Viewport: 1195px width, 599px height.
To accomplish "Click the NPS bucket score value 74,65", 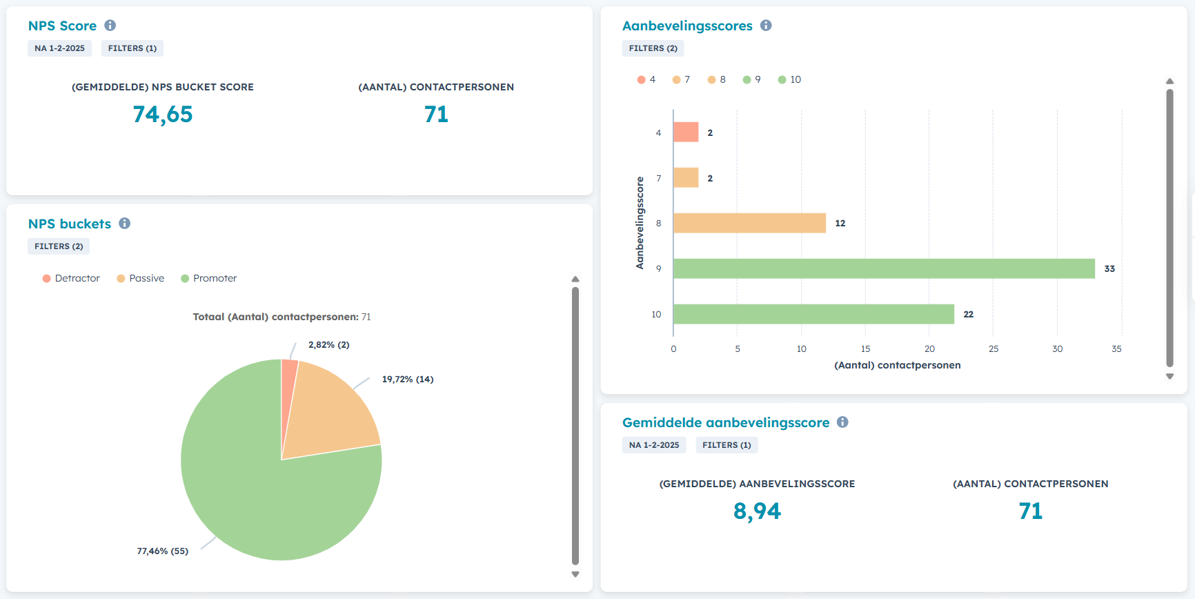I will click(x=163, y=115).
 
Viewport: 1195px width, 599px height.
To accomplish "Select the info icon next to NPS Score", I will click(x=110, y=26).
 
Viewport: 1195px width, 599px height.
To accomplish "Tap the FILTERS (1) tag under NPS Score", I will click(x=132, y=48).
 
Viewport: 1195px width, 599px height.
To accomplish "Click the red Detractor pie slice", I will click(x=288, y=386).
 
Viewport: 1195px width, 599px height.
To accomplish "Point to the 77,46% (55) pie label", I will click(x=162, y=551).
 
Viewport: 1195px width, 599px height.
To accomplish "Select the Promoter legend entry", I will click(x=208, y=278).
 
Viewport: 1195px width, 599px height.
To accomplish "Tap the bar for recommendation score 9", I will click(x=883, y=268).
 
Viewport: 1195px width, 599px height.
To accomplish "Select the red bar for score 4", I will click(x=686, y=132).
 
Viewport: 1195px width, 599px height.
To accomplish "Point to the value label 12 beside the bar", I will click(x=840, y=224).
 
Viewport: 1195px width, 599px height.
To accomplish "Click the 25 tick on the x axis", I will click(x=994, y=349).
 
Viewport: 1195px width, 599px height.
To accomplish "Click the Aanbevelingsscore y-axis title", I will click(x=640, y=223).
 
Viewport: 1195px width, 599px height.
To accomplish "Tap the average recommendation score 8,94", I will click(x=757, y=511).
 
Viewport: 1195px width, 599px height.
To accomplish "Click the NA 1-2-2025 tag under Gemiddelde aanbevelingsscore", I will click(x=654, y=445).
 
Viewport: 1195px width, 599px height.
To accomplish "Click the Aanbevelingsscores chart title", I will click(x=687, y=26).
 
